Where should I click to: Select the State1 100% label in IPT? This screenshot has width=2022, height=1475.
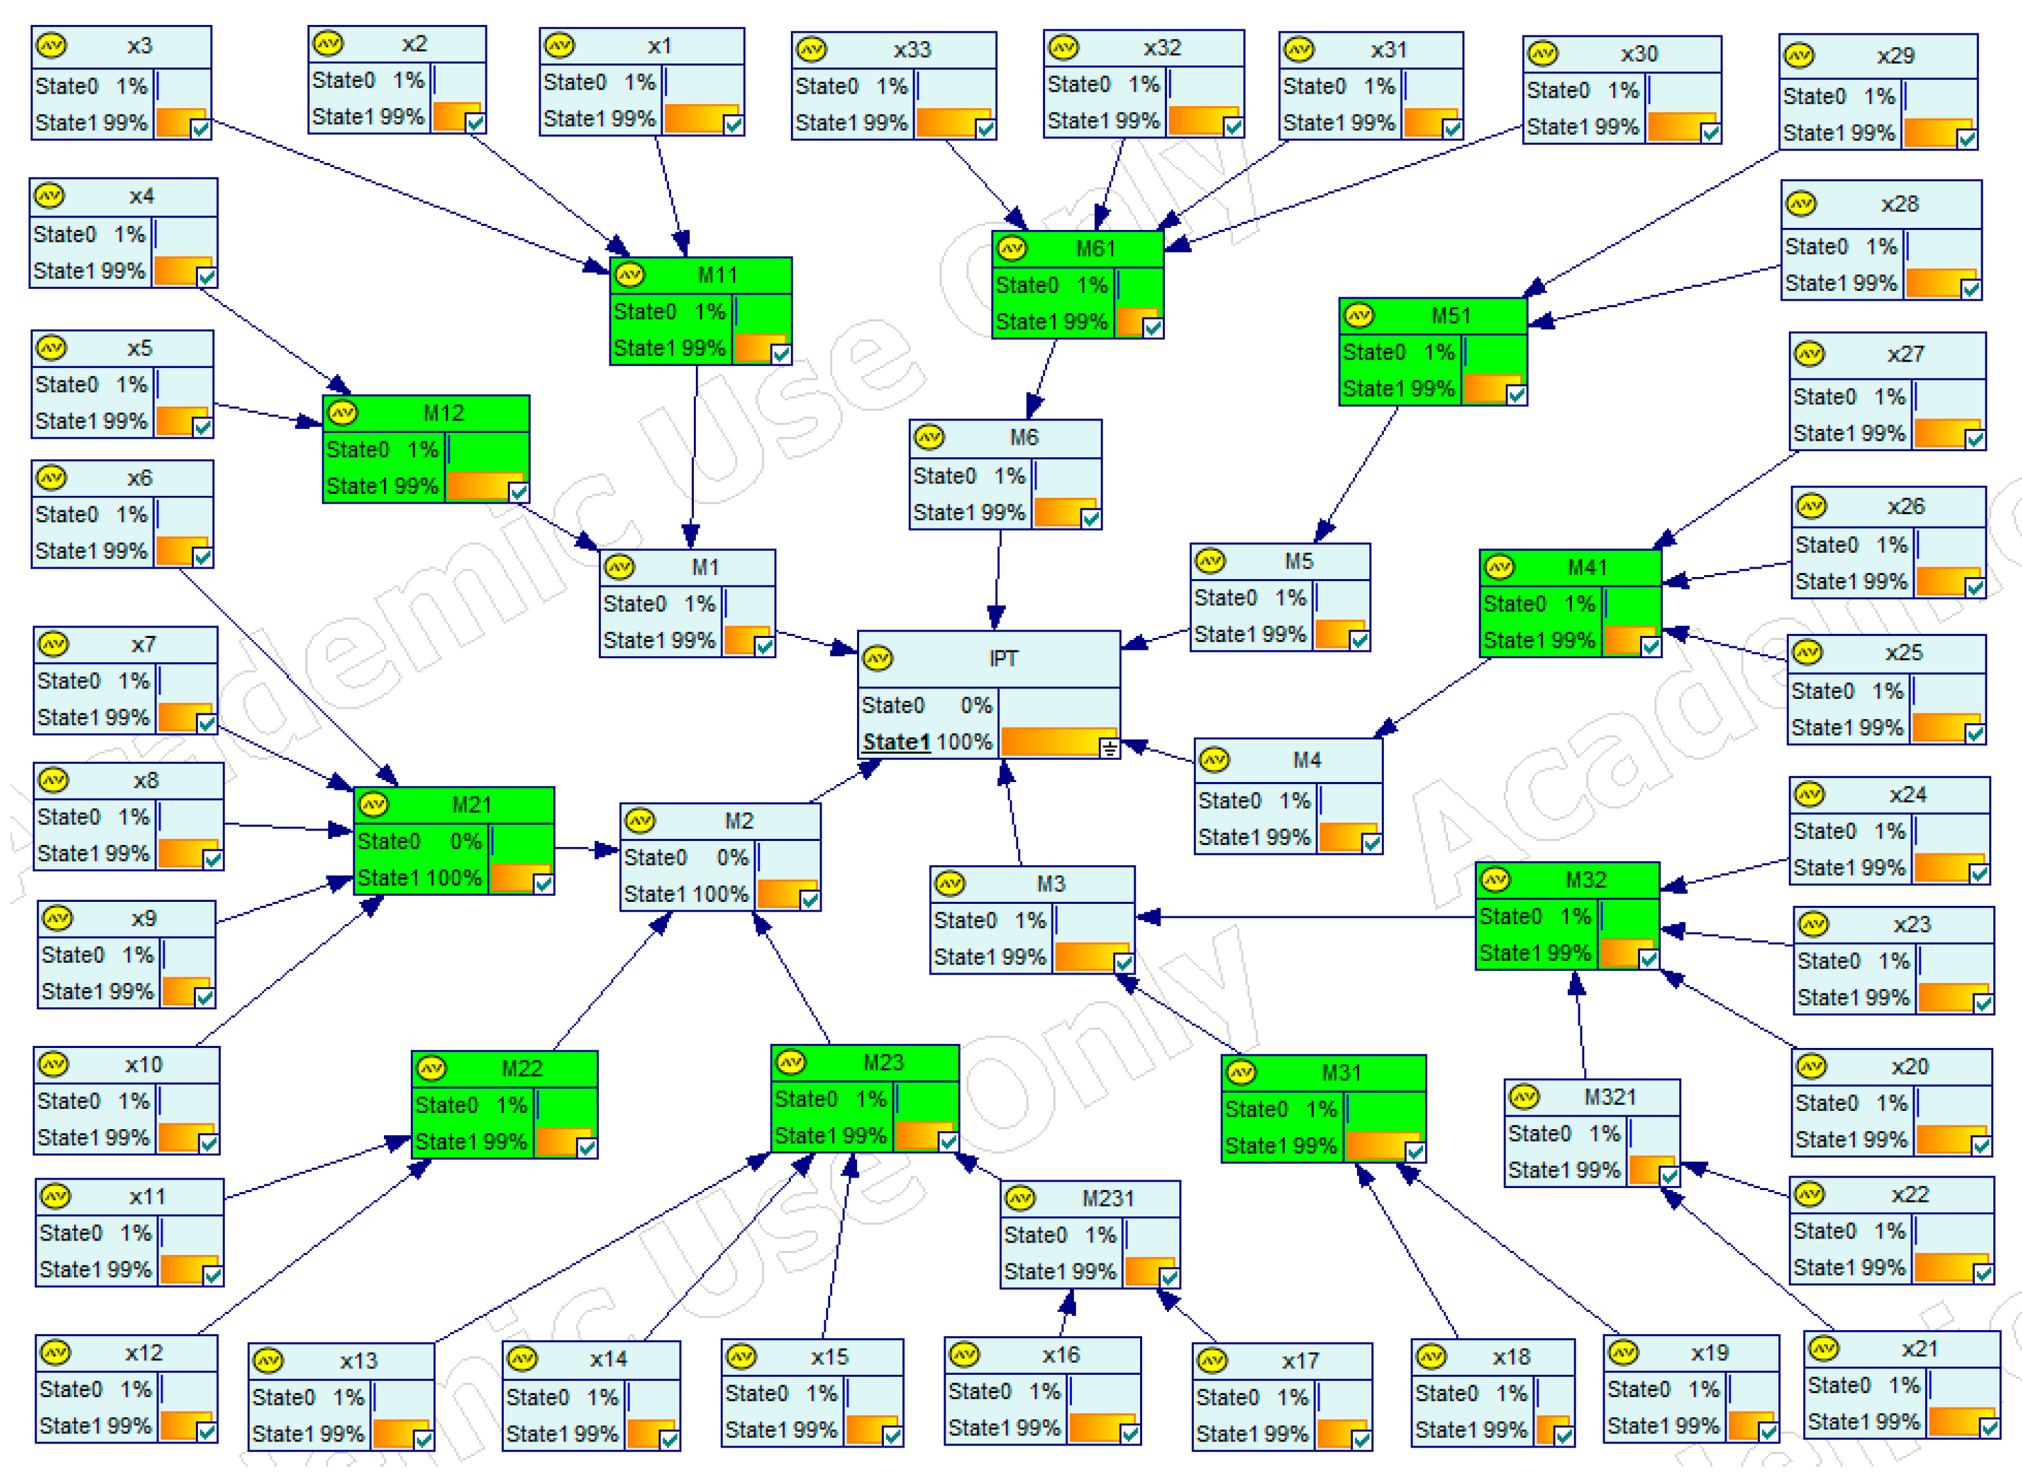pos(927,742)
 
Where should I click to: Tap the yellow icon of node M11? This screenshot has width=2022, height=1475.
pos(630,275)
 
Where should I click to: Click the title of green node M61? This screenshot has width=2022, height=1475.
pos(1095,249)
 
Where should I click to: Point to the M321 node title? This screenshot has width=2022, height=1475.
pos(1609,1097)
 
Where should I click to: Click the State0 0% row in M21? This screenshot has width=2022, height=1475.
pos(420,842)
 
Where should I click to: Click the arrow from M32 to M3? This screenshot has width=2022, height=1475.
pos(1304,917)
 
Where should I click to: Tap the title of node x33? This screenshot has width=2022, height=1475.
pos(912,50)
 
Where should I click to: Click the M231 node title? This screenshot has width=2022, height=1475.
pos(1107,1199)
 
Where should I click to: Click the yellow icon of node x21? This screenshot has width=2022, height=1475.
pos(1823,1349)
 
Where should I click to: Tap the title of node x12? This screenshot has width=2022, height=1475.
pos(143,1354)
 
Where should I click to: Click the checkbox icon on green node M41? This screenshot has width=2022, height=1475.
pos(1650,646)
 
